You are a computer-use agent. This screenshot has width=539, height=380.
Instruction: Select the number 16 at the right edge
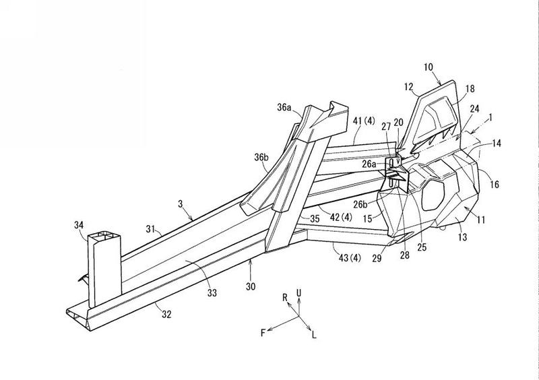click(496, 183)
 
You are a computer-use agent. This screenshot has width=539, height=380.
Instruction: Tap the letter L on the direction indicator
click(313, 334)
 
